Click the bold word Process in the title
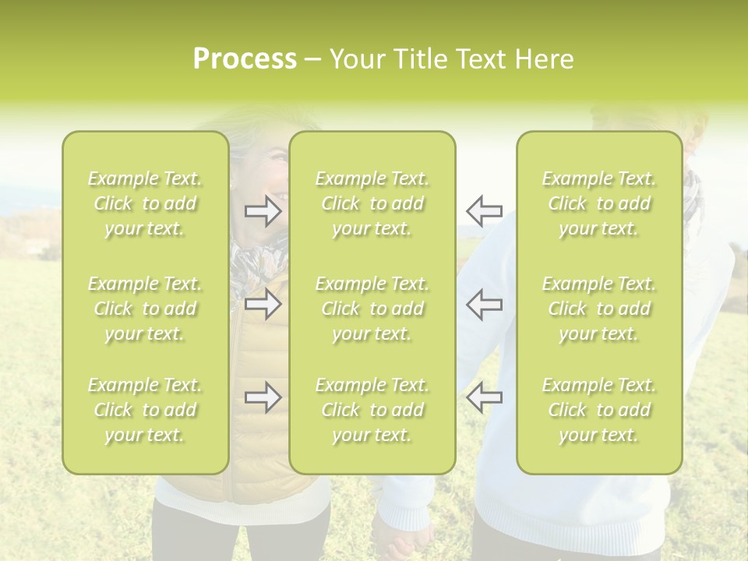(245, 59)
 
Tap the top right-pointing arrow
(263, 211)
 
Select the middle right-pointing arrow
(263, 305)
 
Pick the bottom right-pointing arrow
(263, 397)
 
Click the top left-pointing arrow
(485, 211)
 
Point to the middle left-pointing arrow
(485, 305)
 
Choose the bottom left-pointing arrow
(485, 397)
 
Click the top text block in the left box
(145, 203)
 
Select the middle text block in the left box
(145, 309)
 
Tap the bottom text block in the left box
(145, 410)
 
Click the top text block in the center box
(372, 203)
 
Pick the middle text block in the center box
(372, 309)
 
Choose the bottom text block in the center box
(372, 410)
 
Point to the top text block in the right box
(599, 203)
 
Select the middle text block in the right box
(599, 309)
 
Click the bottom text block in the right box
(599, 410)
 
